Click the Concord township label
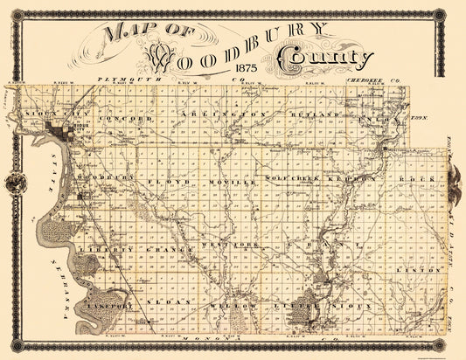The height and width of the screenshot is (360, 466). [131, 116]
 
